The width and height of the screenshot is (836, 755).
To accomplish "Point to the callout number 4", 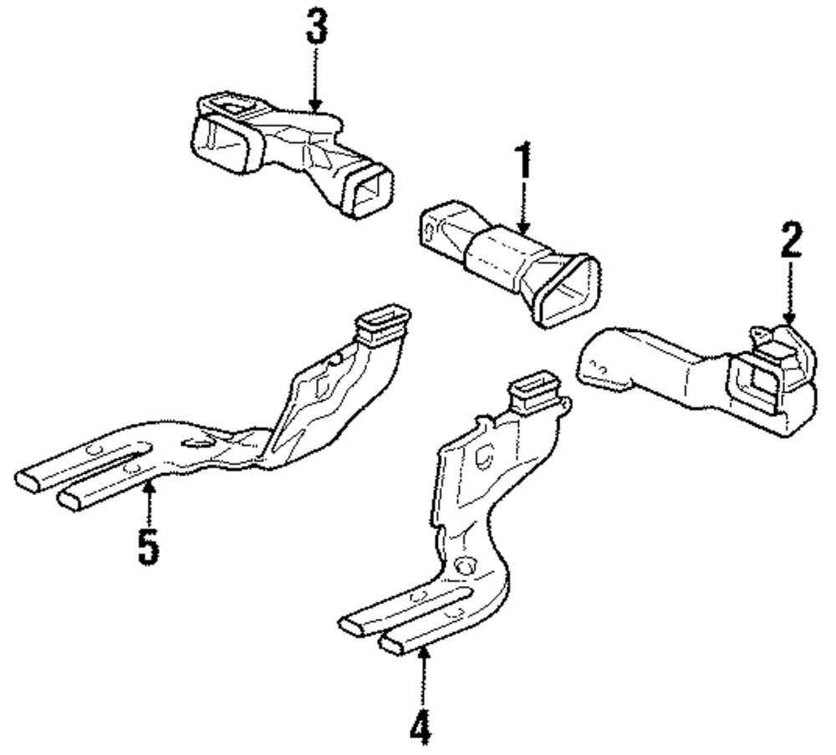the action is [423, 725].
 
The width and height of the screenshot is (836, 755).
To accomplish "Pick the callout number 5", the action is [148, 543].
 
